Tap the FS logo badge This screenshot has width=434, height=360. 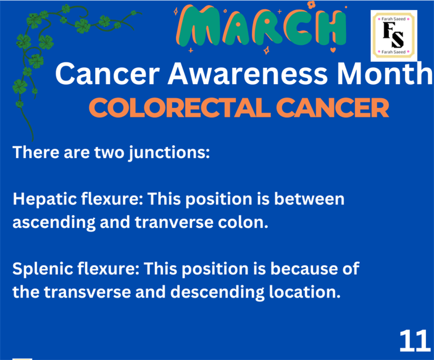[394, 36]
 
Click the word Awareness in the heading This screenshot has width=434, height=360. [248, 74]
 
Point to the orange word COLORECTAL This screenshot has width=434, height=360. [179, 108]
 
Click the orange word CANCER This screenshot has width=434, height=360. [333, 108]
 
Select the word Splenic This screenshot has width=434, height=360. [42, 269]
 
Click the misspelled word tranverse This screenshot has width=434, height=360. [174, 222]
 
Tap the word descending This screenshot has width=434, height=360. [217, 293]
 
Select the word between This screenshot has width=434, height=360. [309, 199]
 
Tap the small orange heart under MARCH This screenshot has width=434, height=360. [333, 50]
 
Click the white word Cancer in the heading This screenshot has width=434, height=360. [107, 74]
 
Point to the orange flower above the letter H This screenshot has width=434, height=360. [311, 4]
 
